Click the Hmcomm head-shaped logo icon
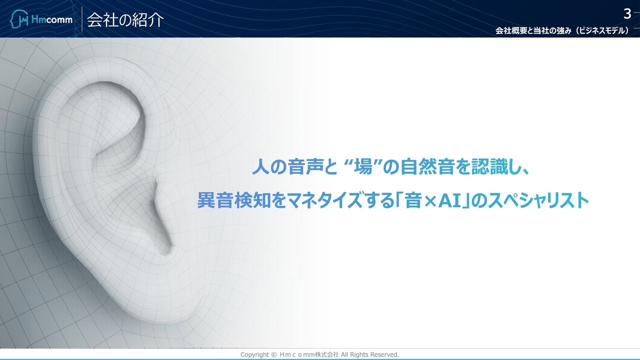[x=19, y=19]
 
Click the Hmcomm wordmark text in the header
[x=51, y=19]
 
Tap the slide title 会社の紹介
[x=125, y=20]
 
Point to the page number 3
[x=627, y=13]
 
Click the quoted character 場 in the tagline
[x=363, y=167]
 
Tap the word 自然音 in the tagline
[x=427, y=167]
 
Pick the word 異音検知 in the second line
[x=233, y=200]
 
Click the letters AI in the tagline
[x=449, y=200]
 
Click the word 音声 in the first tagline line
[x=305, y=167]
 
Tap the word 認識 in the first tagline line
[x=489, y=167]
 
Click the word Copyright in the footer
[x=254, y=354]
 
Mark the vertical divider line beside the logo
[x=82, y=19]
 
